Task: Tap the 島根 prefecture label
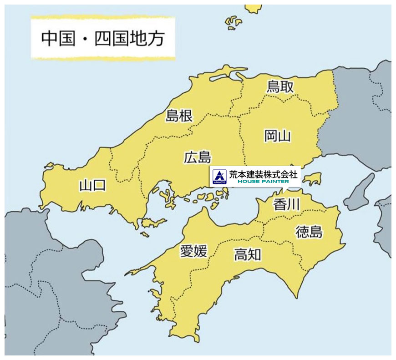click(x=178, y=116)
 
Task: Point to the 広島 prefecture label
click(x=198, y=157)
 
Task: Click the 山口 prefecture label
click(x=92, y=185)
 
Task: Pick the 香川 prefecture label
click(x=286, y=205)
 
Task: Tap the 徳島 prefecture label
click(x=309, y=232)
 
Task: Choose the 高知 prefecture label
click(x=248, y=254)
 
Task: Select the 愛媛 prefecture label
click(x=193, y=251)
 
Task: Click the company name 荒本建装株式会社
click(x=263, y=173)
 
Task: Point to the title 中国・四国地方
click(x=102, y=39)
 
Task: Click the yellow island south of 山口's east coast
click(x=153, y=223)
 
